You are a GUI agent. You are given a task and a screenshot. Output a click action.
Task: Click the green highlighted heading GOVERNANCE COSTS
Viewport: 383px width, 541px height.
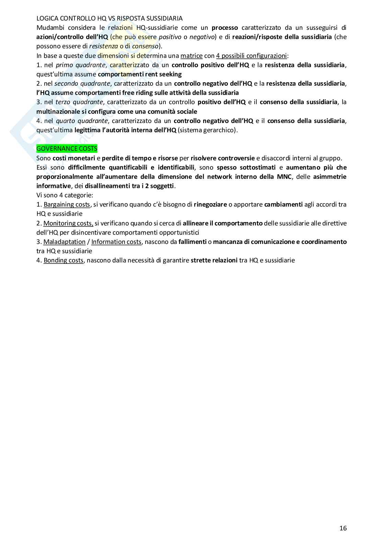67,149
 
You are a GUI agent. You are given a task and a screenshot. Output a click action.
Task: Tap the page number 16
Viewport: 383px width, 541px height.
343,528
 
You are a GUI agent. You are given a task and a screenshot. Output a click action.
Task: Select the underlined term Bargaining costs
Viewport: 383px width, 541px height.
67,205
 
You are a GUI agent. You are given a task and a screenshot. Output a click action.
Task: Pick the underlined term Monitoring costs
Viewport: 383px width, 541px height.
68,223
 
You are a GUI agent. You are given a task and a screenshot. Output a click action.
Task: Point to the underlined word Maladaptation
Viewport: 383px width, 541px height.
64,242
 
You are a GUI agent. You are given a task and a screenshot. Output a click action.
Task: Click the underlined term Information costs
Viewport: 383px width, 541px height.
116,242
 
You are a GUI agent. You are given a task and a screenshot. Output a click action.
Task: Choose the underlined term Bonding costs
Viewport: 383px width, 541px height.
63,260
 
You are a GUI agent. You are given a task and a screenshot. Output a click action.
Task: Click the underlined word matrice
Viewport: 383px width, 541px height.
191,56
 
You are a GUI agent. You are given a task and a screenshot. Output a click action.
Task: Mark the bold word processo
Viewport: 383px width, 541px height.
225,27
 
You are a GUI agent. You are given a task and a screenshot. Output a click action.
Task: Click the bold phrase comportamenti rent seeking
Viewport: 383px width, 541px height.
140,74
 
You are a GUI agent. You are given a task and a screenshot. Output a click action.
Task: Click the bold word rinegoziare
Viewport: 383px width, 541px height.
210,205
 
